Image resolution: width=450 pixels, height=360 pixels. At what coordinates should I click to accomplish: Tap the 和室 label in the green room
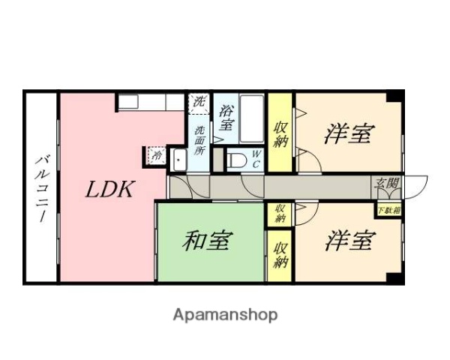tap(207, 241)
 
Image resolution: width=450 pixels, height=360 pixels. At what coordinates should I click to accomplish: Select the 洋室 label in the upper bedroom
tap(349, 134)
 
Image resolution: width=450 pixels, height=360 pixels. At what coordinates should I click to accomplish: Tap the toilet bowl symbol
tap(235, 160)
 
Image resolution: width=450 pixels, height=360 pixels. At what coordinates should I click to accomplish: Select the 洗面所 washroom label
tap(199, 139)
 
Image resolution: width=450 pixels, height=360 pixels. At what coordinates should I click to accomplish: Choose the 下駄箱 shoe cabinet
tap(388, 211)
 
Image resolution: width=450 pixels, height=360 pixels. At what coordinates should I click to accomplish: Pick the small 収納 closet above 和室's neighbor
tap(280, 213)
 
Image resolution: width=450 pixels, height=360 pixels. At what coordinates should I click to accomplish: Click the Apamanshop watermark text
tap(225, 314)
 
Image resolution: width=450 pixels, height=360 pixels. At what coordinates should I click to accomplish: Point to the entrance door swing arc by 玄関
tap(417, 186)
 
